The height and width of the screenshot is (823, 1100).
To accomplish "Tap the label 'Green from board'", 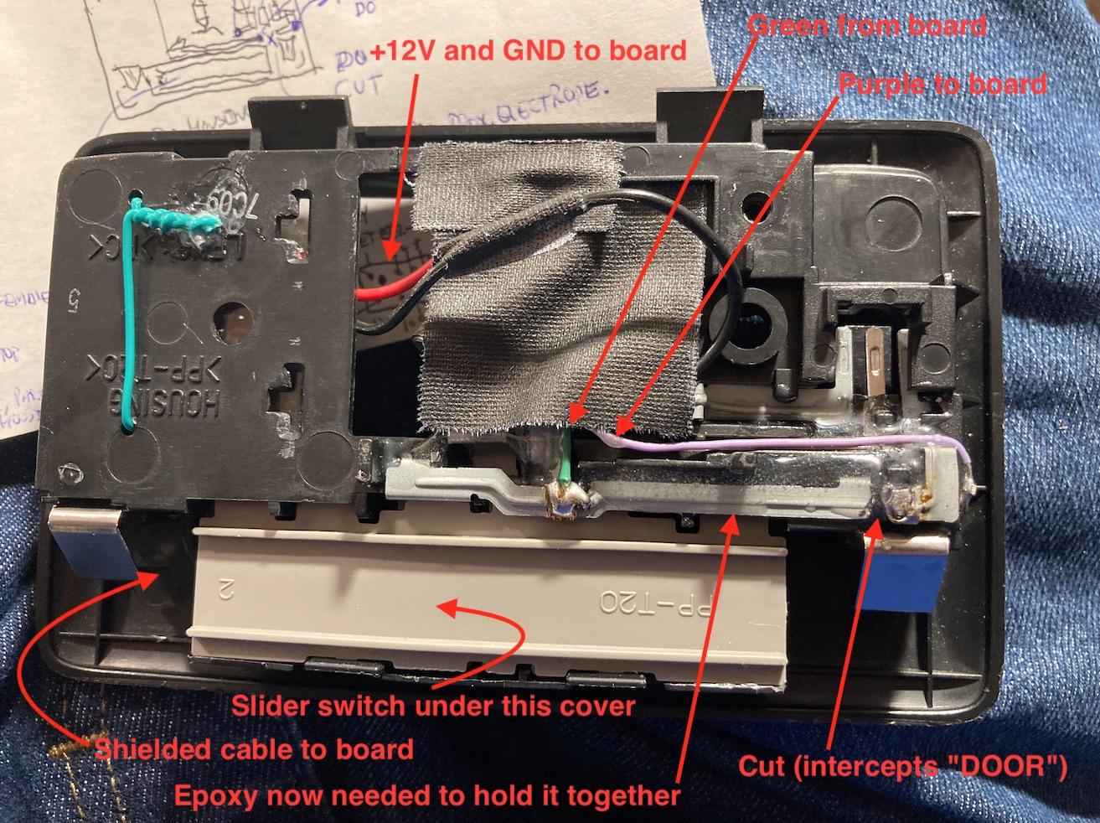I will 866,25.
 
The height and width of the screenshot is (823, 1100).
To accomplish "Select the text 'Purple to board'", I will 942,84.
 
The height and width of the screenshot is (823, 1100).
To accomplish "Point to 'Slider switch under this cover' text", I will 433,706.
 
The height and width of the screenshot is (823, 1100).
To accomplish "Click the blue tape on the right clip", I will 901,578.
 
